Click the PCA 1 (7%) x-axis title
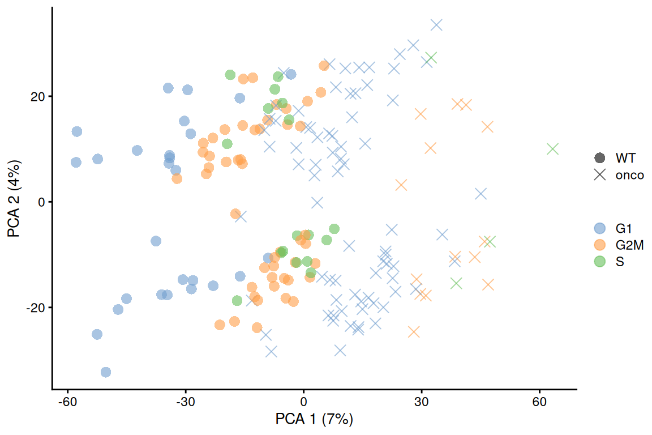click(314, 420)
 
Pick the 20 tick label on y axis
click(37, 96)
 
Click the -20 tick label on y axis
click(36, 308)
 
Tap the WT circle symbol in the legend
click(599, 158)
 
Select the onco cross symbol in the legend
click(599, 175)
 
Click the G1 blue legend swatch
click(599, 229)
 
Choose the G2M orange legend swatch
click(599, 245)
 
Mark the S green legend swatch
click(599, 262)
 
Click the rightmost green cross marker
click(553, 149)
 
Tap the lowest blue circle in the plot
click(106, 372)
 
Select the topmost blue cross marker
click(436, 25)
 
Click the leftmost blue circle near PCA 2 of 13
click(77, 131)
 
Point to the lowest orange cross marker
click(414, 332)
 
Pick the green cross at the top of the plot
click(431, 58)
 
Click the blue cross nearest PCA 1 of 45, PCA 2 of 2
click(481, 194)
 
